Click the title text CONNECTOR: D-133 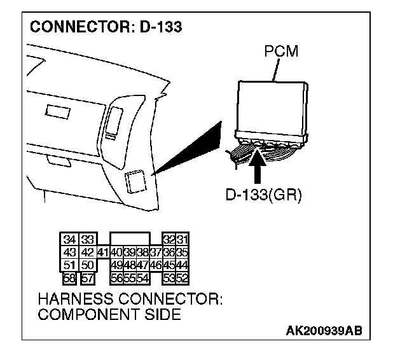tap(106, 27)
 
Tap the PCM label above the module tap(281, 51)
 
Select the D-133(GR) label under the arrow tap(264, 195)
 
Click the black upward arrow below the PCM tap(257, 165)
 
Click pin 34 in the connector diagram tap(69, 239)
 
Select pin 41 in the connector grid tap(103, 252)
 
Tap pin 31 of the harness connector tap(183, 239)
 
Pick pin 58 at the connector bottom tap(69, 278)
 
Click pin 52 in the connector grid tap(183, 278)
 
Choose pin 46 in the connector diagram tap(156, 265)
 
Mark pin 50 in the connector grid tap(88, 265)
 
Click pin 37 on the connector tap(156, 252)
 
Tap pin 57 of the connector tap(88, 278)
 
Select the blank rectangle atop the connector tap(130, 239)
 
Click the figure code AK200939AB tap(324, 331)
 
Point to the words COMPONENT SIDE tap(109, 314)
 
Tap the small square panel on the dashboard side tap(135, 182)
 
